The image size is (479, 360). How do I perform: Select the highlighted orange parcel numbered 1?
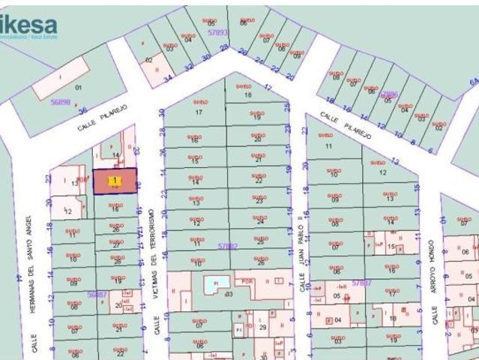coord(115,181)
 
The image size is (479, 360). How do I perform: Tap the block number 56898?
coord(60,101)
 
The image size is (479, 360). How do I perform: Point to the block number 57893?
coord(217,33)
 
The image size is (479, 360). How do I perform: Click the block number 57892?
coord(227,245)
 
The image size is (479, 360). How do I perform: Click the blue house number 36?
coord(82,110)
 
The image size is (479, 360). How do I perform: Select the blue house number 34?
coord(169,76)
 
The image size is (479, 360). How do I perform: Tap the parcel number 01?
coord(79,88)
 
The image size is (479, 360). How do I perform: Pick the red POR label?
coord(249,280)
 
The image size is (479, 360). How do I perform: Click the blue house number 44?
coord(17,277)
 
